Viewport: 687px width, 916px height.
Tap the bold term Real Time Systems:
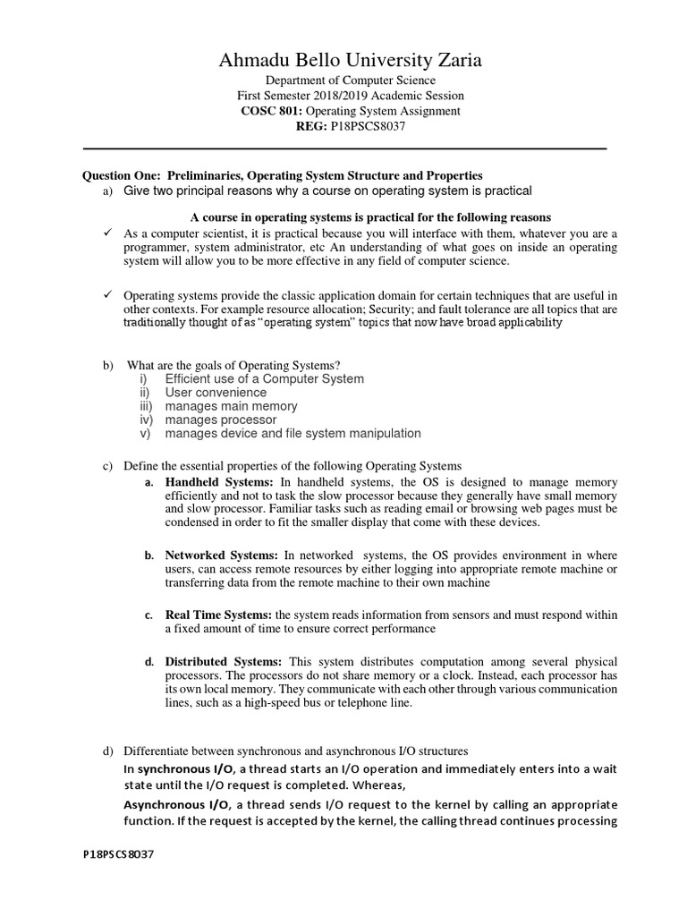click(219, 615)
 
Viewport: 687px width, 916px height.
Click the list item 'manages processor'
click(221, 420)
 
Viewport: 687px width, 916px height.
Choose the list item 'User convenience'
click(216, 392)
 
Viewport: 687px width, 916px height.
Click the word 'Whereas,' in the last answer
click(378, 785)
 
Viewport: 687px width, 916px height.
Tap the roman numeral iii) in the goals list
click(147, 406)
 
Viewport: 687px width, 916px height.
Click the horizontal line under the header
click(344, 148)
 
